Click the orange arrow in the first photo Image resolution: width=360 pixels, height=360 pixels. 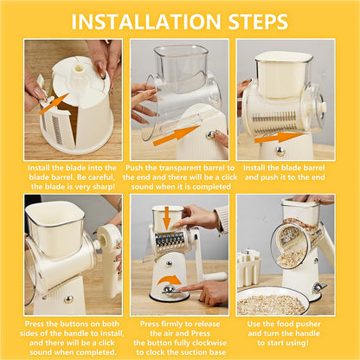(x=54, y=104)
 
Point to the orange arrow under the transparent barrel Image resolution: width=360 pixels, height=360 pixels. (x=176, y=134)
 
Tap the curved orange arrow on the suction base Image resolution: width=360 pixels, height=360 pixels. (x=171, y=280)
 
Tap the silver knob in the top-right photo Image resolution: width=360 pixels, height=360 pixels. (x=280, y=151)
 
